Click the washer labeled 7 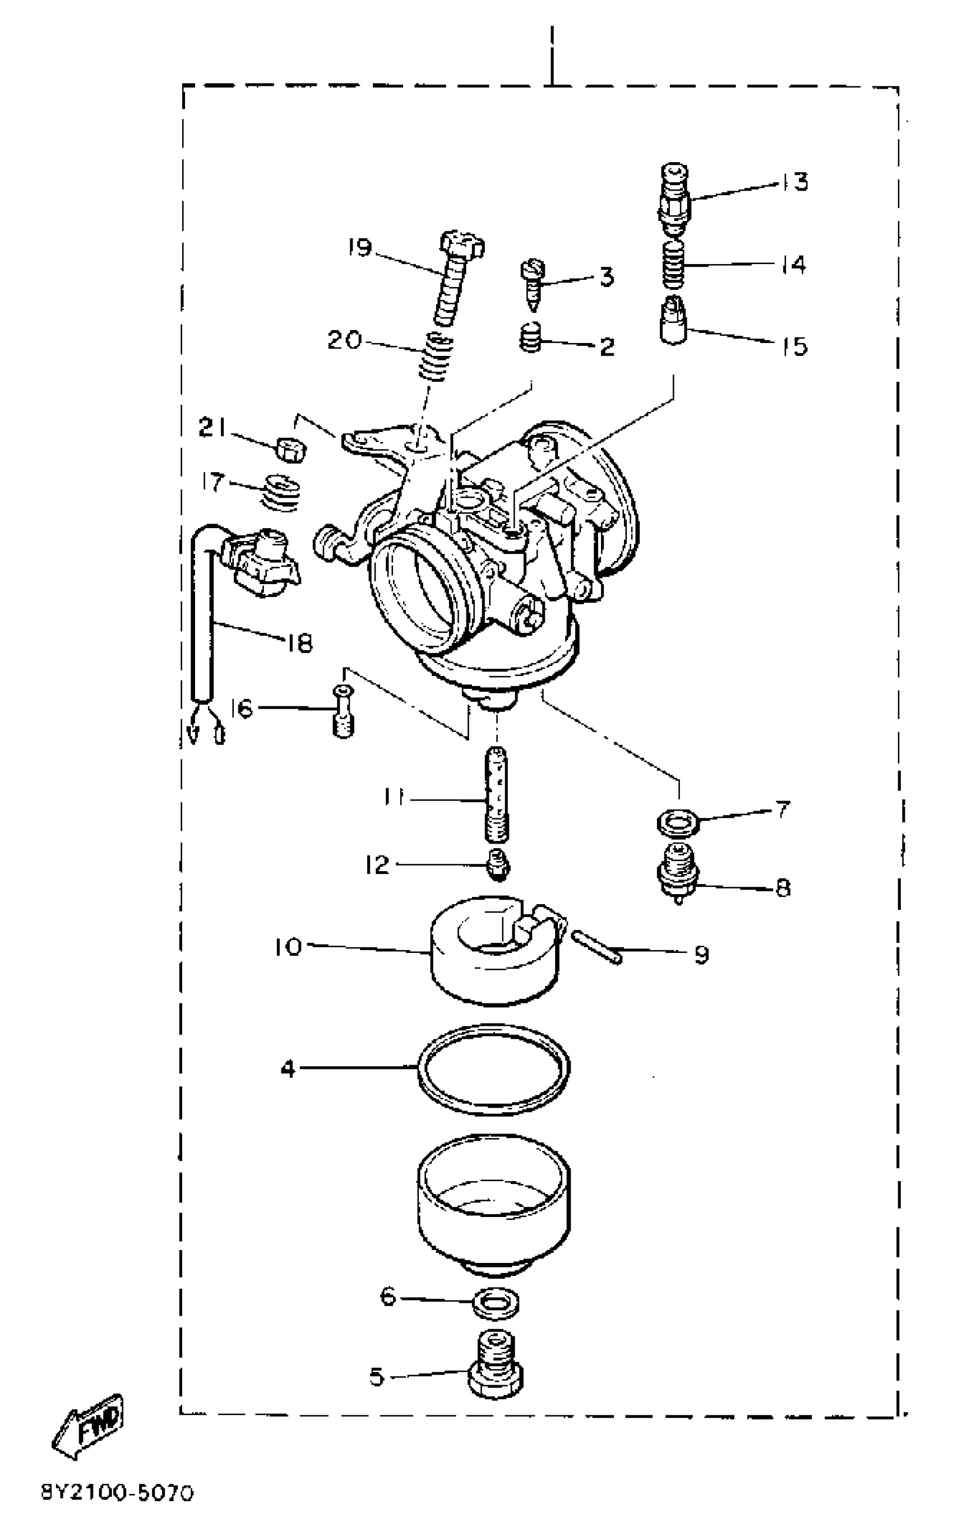677,822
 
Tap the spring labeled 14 674,265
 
